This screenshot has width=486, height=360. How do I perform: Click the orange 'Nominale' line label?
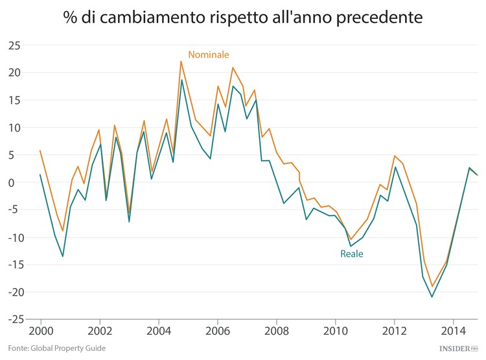coord(209,54)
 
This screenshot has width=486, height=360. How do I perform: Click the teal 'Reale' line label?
coord(352,254)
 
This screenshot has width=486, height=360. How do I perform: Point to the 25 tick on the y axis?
coord(14,45)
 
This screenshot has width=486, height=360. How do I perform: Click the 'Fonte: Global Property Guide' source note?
coord(58,348)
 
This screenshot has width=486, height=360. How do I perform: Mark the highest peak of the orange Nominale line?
coord(181,61)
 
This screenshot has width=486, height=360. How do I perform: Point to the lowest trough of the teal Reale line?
coord(432,297)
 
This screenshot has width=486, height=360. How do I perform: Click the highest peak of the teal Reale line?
coord(182,80)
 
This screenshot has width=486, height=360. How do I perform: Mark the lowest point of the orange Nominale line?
coord(432,287)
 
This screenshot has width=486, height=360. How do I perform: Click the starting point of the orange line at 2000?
coord(40,150)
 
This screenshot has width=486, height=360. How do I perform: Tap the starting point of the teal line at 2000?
coord(40,174)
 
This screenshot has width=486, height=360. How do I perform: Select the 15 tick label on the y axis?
coord(14,100)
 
